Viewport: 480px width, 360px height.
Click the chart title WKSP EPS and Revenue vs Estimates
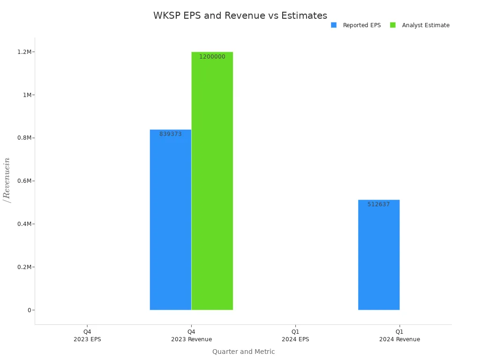[x=240, y=15]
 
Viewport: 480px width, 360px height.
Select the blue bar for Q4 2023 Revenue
[x=170, y=220]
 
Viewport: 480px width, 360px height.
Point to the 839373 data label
[x=170, y=134]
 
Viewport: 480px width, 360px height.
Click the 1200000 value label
[x=212, y=57]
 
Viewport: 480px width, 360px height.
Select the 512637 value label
[x=378, y=204]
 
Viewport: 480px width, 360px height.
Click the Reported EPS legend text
[x=361, y=25]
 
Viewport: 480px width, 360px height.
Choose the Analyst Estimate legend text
[x=425, y=25]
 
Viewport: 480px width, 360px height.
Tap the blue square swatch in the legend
[x=334, y=25]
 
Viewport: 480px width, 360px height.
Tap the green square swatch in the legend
[x=393, y=25]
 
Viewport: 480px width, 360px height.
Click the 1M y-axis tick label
[x=28, y=95]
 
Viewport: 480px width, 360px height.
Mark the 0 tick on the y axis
[x=29, y=310]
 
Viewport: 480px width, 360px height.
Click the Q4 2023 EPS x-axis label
[x=87, y=335]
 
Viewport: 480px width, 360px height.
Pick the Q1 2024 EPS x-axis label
[x=295, y=335]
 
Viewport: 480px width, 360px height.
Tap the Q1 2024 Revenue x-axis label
[x=399, y=335]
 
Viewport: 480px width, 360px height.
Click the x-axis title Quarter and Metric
[x=243, y=352]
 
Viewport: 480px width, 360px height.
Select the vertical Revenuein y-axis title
[x=7, y=180]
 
